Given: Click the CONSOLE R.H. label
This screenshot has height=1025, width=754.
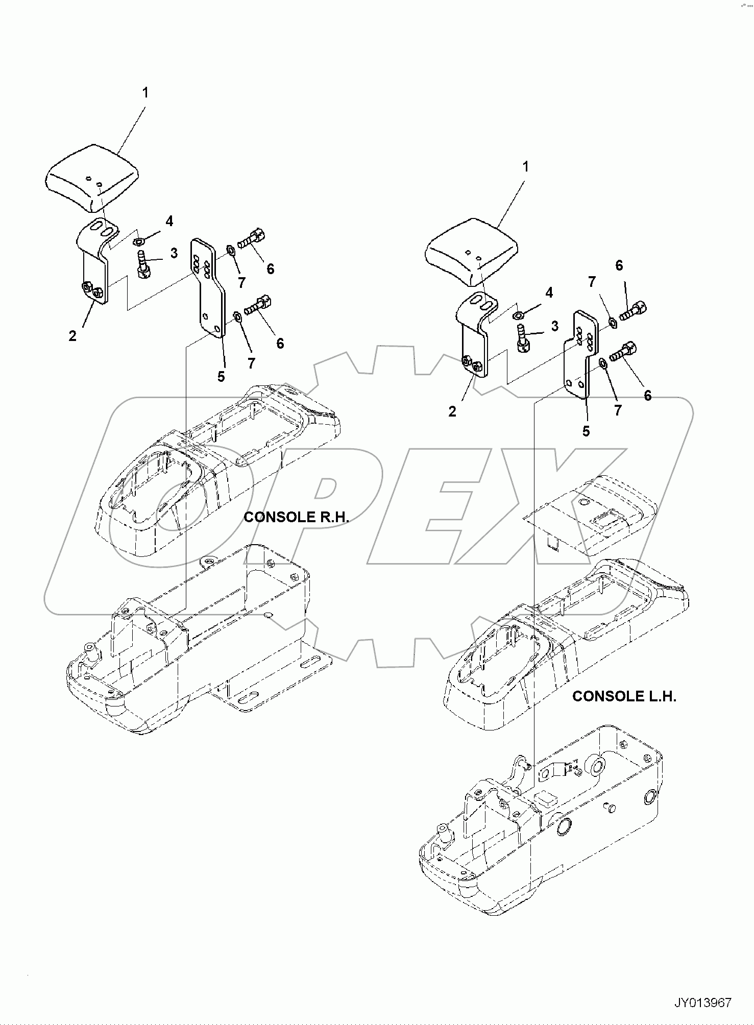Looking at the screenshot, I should click(296, 517).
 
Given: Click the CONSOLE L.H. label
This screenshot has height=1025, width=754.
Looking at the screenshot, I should click(624, 696).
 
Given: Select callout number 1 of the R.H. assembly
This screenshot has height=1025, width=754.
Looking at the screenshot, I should click(145, 93).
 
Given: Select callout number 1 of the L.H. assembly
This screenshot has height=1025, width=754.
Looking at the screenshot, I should click(525, 167).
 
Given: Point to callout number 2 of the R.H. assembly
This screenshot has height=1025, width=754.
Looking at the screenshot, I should click(72, 336).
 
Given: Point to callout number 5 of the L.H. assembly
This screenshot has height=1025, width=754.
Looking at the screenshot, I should click(586, 431).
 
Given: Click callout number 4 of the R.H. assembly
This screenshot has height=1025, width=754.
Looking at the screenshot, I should click(169, 221).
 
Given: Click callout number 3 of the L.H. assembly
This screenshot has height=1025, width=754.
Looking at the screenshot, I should click(554, 326).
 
